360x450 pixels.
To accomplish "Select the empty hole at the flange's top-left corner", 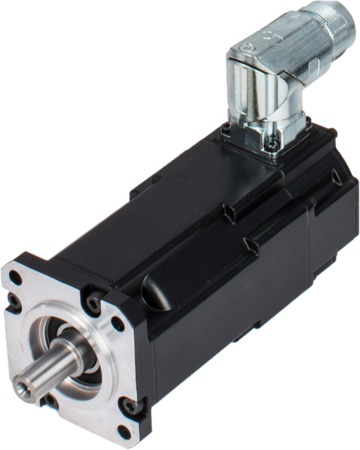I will tap(15, 277).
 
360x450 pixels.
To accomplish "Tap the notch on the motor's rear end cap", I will tap(336, 177).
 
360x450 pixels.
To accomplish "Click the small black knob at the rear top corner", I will tap(332, 131).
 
